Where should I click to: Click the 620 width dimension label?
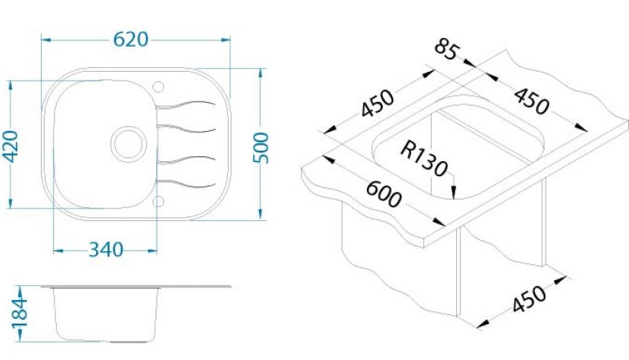point(131,39)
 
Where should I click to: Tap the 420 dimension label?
point(11,147)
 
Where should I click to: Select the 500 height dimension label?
point(260,148)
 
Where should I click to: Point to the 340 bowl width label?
point(106,249)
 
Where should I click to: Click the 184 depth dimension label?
point(19,313)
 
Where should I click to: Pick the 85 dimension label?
point(446,49)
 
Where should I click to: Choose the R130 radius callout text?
point(424,159)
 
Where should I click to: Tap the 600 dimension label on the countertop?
point(384,194)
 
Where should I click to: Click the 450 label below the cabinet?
point(529,298)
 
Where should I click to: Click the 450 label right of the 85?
point(531,101)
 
